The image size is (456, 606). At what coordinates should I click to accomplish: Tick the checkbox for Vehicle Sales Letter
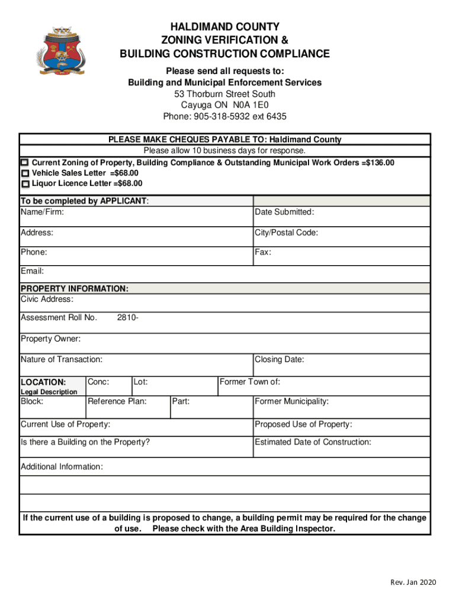[25, 173]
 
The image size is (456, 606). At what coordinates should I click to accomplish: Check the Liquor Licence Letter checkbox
[25, 184]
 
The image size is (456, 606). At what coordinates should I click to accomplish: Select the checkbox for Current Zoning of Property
[24, 163]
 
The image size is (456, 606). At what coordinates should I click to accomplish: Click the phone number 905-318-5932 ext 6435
[224, 117]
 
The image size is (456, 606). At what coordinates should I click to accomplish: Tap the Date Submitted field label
[284, 212]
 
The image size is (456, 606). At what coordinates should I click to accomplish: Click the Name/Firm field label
[43, 212]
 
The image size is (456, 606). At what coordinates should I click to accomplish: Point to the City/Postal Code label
[286, 233]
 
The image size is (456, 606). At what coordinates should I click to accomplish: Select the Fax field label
[263, 253]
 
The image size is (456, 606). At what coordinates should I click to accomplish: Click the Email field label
[33, 272]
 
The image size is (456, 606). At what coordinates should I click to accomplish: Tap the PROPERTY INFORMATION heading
[74, 289]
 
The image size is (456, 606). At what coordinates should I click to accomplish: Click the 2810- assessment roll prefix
[128, 318]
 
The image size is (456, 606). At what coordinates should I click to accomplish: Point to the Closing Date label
[279, 360]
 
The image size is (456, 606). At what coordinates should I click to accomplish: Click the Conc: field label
[98, 382]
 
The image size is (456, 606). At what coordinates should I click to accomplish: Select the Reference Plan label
[117, 402]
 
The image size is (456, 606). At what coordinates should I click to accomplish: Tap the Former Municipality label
[291, 402]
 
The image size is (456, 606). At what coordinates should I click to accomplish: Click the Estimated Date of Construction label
[313, 442]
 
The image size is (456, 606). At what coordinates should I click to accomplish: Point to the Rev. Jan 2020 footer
[413, 583]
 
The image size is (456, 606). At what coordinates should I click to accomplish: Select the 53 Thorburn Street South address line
[224, 94]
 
